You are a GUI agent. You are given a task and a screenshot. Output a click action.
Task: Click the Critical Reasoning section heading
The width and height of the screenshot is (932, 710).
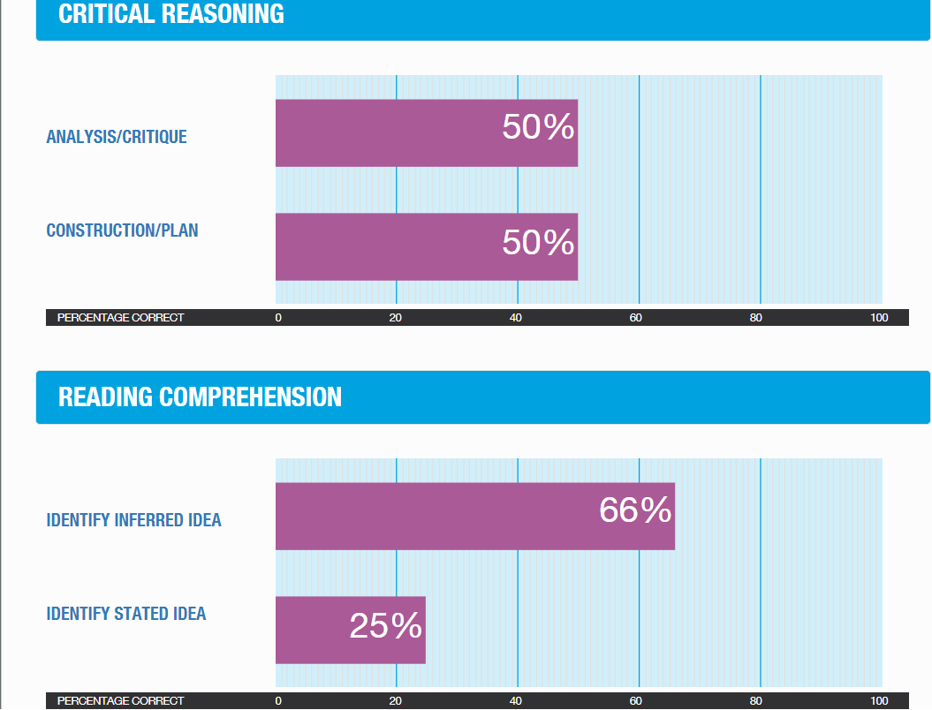171,14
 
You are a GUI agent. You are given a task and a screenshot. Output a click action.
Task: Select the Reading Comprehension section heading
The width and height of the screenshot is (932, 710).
200,397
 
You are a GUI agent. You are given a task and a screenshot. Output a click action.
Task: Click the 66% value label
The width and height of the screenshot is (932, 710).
635,510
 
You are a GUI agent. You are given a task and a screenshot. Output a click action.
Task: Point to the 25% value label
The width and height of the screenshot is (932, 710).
385,626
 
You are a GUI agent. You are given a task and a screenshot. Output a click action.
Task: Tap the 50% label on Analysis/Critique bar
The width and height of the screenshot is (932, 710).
538,128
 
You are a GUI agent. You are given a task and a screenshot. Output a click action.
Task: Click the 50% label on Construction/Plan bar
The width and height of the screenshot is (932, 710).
538,242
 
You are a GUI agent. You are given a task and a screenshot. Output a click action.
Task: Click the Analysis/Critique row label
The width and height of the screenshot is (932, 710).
117,137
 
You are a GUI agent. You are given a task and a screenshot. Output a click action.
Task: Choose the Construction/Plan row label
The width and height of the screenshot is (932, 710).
122,230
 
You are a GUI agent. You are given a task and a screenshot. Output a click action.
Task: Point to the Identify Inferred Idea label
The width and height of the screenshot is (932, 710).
133,520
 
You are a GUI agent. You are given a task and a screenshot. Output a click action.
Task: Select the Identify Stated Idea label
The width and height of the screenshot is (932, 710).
125,614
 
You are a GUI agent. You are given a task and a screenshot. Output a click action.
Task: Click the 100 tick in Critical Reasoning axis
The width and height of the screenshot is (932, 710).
878,318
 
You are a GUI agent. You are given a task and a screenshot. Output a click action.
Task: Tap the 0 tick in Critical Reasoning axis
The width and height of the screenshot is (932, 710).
278,318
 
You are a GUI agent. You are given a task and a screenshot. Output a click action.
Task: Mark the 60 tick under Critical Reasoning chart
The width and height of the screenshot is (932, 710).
635,318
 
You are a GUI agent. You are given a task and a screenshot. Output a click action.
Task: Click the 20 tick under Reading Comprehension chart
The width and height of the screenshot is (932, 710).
396,701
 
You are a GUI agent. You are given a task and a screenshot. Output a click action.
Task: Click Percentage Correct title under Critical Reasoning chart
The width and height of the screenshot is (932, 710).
120,318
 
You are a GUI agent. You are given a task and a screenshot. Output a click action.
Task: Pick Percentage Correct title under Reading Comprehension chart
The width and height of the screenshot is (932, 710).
120,701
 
